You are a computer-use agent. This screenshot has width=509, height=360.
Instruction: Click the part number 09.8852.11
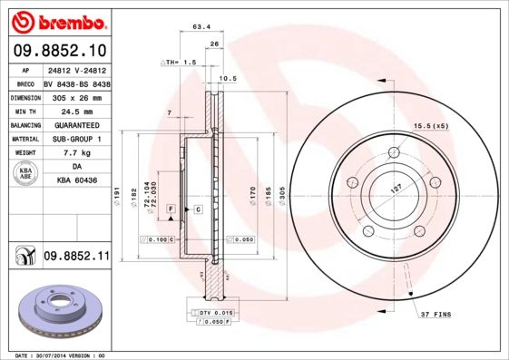coord(76,258)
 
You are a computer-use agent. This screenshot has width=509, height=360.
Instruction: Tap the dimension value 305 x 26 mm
coord(76,96)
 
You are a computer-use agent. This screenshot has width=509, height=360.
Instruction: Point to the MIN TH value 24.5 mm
coord(76,111)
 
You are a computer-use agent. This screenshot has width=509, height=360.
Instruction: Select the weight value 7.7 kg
coord(76,153)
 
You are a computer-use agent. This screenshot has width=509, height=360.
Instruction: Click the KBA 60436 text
coord(76,182)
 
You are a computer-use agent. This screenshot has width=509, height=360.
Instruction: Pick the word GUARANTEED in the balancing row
coord(76,124)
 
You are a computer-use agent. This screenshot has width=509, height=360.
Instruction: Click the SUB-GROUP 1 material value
coord(76,139)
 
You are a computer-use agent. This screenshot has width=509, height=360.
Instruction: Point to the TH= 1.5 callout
coord(180,62)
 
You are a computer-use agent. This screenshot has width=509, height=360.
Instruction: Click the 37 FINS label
coord(437,314)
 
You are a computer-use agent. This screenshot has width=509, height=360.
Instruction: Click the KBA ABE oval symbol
coord(26,174)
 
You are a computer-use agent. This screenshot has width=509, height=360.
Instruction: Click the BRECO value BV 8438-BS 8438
coord(76,82)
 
